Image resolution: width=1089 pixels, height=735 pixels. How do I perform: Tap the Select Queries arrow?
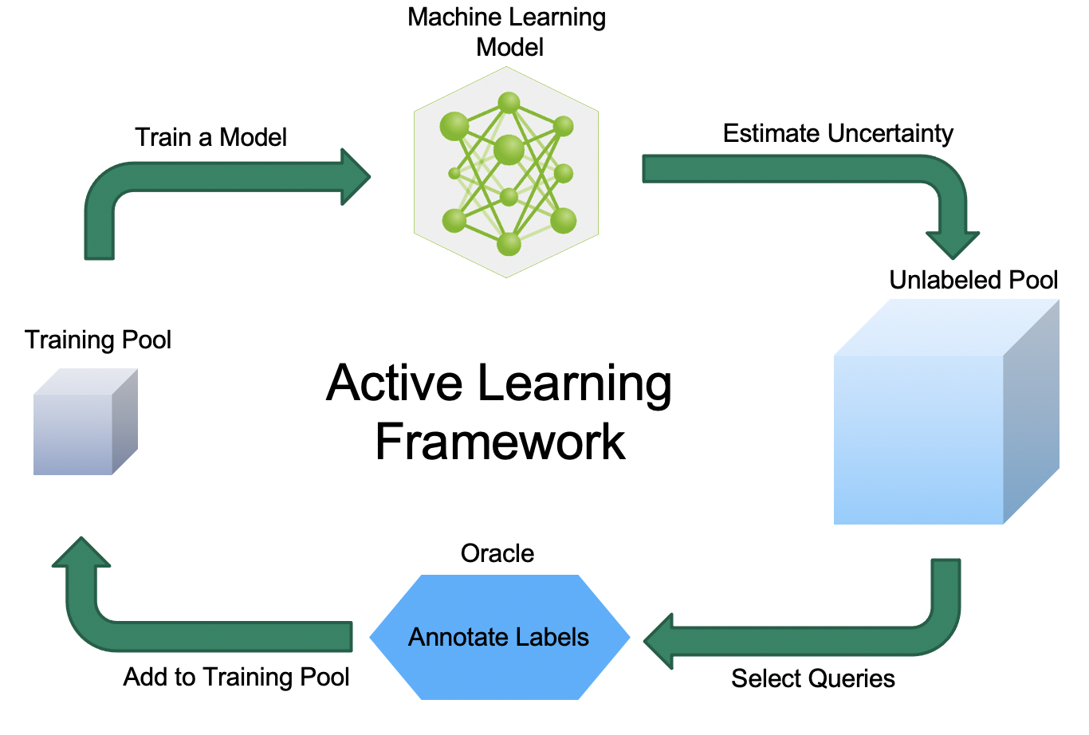tap(827, 641)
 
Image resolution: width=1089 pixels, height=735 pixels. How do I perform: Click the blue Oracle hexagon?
tap(500, 637)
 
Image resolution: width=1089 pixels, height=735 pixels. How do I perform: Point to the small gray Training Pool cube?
tap(85, 422)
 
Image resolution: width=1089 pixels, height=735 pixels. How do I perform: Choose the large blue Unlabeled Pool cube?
tap(946, 411)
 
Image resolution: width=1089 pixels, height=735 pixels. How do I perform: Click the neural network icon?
tap(506, 172)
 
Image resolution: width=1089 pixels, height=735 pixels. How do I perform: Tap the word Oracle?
tap(497, 554)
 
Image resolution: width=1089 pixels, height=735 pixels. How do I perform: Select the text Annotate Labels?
tap(498, 637)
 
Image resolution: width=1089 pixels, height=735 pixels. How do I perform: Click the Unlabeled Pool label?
tap(973, 280)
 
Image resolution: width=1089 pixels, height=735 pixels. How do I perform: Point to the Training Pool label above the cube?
tap(98, 340)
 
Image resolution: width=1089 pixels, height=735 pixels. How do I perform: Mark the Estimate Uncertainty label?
tap(838, 134)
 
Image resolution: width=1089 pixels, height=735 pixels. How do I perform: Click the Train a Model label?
tap(210, 137)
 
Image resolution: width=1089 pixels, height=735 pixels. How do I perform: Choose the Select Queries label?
tap(813, 678)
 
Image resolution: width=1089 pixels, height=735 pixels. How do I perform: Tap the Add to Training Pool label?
tap(236, 677)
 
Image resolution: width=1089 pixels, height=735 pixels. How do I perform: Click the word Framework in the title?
tap(501, 442)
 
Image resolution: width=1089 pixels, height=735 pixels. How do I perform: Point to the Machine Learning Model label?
tap(507, 32)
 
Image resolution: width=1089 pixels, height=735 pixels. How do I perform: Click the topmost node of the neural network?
tap(509, 103)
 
